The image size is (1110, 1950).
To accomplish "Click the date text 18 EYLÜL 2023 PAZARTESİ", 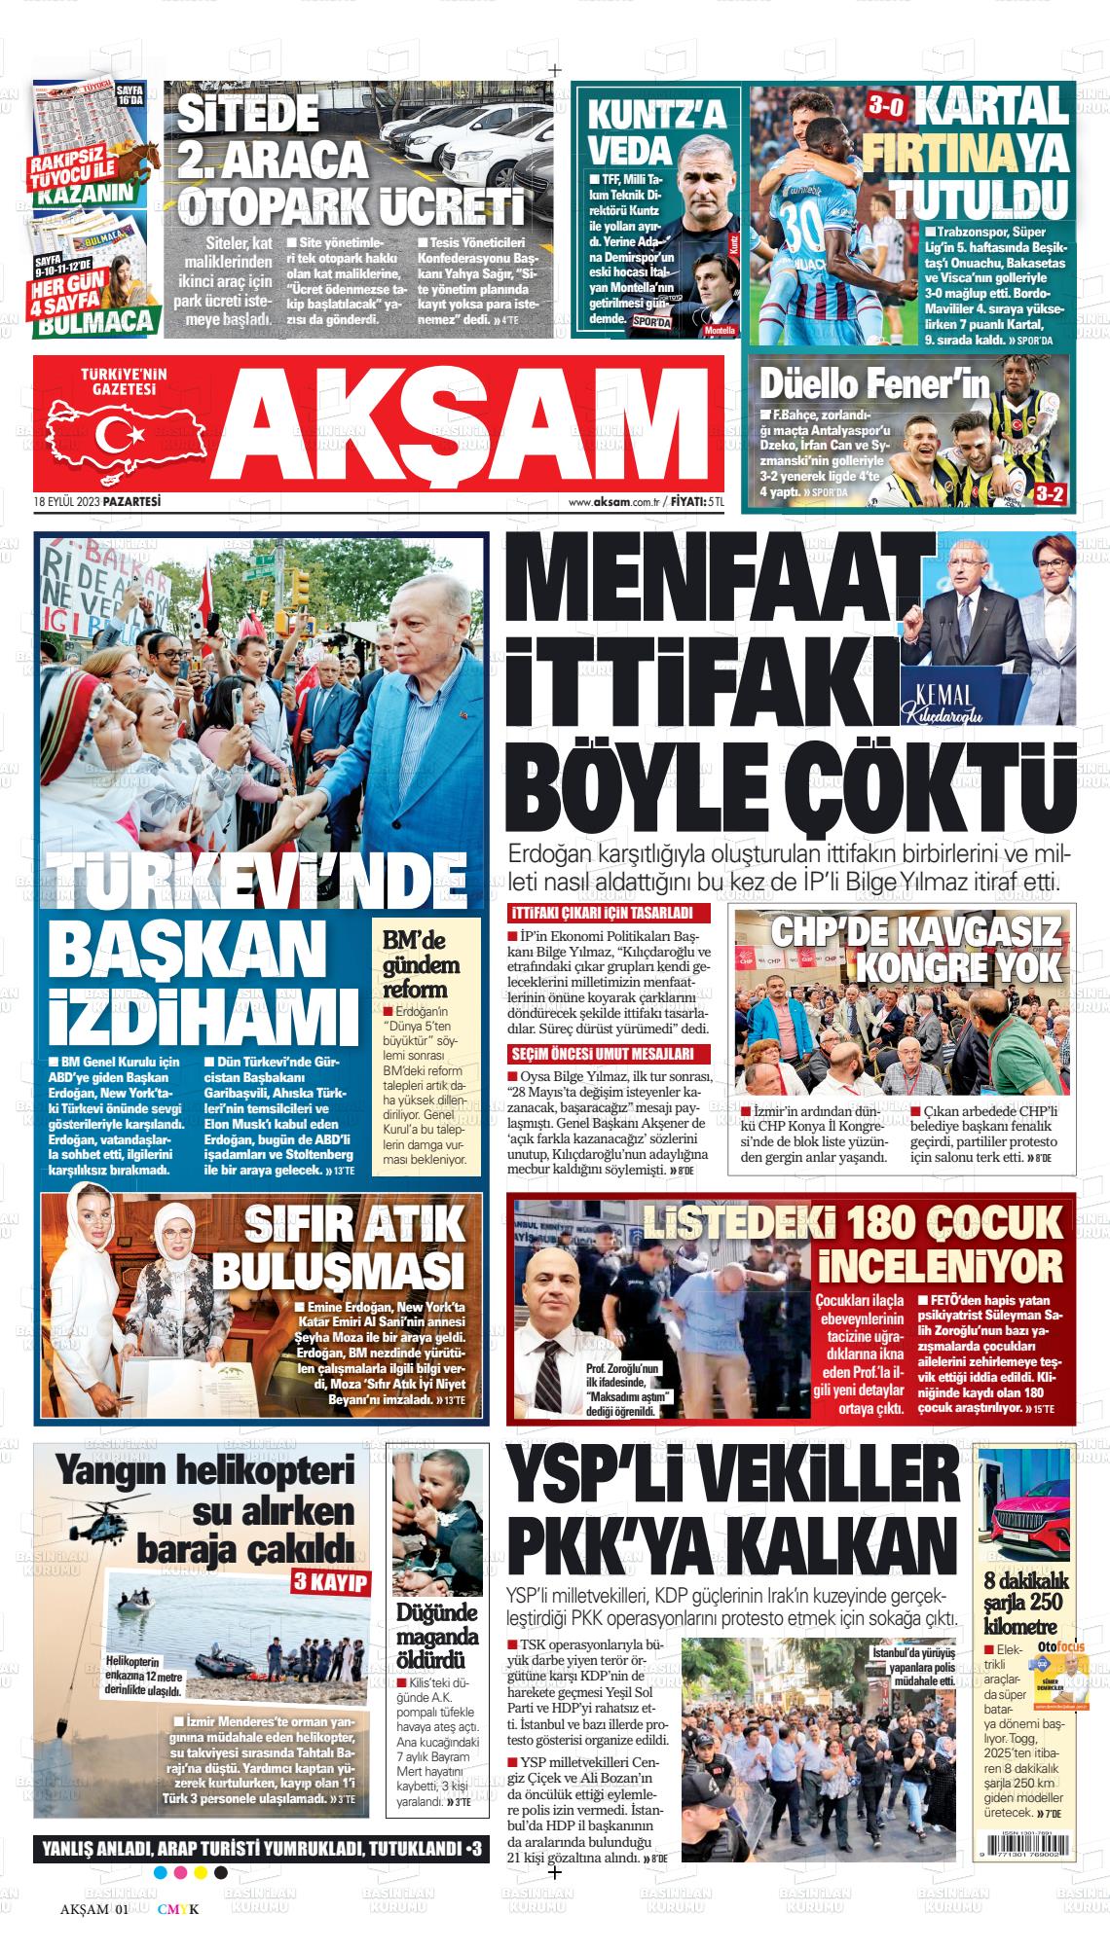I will pos(96,502).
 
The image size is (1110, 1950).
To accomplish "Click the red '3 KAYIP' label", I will pos(330,1582).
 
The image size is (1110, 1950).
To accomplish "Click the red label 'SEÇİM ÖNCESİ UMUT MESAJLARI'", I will pos(609,1054).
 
